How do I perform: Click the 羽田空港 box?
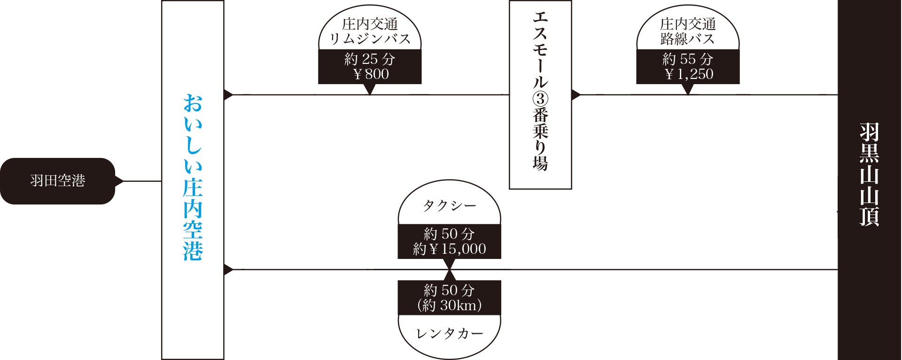click(x=57, y=181)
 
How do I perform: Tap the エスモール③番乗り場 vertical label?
click(x=540, y=92)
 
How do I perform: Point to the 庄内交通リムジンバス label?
click(x=370, y=31)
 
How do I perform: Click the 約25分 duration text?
click(x=370, y=59)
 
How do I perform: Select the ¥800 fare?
click(x=371, y=74)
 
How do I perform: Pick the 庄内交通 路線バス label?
click(x=688, y=31)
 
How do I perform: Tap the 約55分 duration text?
click(x=688, y=59)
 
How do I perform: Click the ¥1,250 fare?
click(x=689, y=74)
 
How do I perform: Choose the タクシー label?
click(x=450, y=206)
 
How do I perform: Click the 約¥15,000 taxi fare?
click(x=450, y=249)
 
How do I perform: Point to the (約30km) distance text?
click(x=450, y=305)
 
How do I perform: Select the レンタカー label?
click(x=450, y=334)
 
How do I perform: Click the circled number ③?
click(x=540, y=99)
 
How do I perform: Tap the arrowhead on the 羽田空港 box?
click(x=119, y=181)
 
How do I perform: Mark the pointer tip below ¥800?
click(x=370, y=92)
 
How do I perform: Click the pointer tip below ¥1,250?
click(x=688, y=92)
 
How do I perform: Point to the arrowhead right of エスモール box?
click(x=576, y=95)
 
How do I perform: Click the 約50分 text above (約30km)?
click(x=450, y=290)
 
